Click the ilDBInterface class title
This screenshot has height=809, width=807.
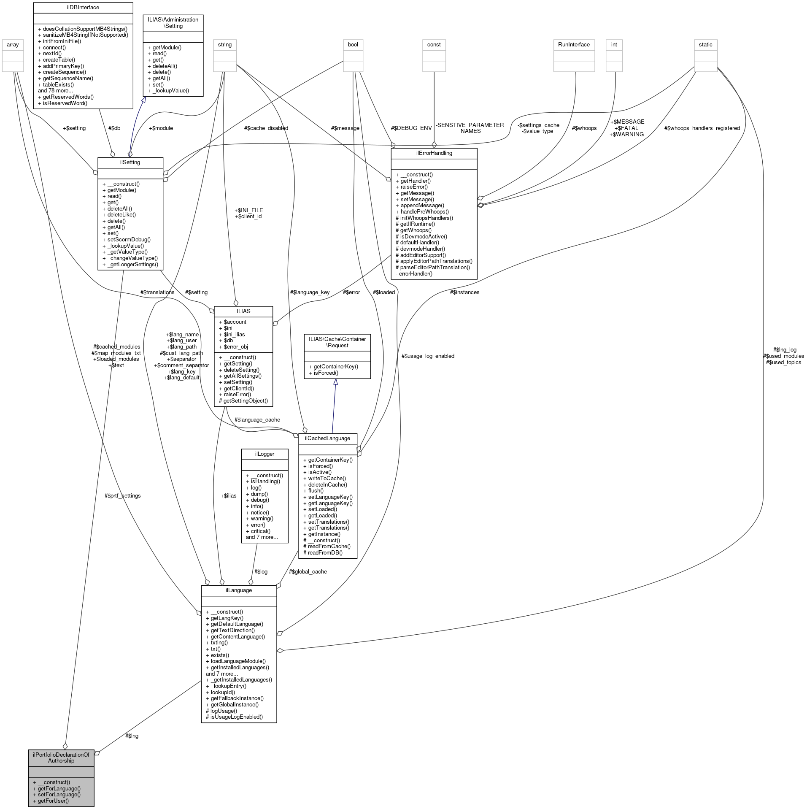(x=83, y=7)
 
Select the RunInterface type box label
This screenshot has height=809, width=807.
(x=574, y=44)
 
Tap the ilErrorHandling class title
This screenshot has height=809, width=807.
(x=434, y=153)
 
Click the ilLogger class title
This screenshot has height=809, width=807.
(x=265, y=454)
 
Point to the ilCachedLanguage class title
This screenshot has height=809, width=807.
(x=327, y=438)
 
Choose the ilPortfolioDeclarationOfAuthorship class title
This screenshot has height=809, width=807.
(x=61, y=757)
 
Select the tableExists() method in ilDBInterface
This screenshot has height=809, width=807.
(x=58, y=84)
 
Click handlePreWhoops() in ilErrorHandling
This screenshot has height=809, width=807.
(x=424, y=211)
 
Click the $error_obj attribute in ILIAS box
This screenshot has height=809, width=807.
(x=235, y=346)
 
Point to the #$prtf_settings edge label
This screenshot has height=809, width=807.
(x=123, y=495)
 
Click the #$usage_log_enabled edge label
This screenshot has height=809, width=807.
(x=428, y=356)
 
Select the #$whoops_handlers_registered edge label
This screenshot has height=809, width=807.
(x=702, y=128)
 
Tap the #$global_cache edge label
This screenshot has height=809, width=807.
(x=308, y=571)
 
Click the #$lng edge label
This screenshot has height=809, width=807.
(x=132, y=736)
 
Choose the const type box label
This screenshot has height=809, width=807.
(x=434, y=44)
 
